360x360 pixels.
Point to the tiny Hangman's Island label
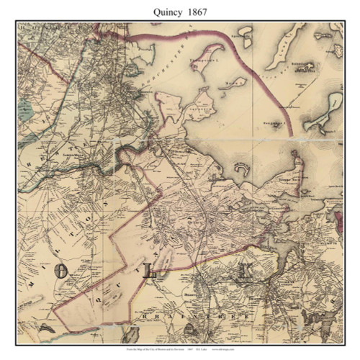pyautogui.click(x=268, y=132)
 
